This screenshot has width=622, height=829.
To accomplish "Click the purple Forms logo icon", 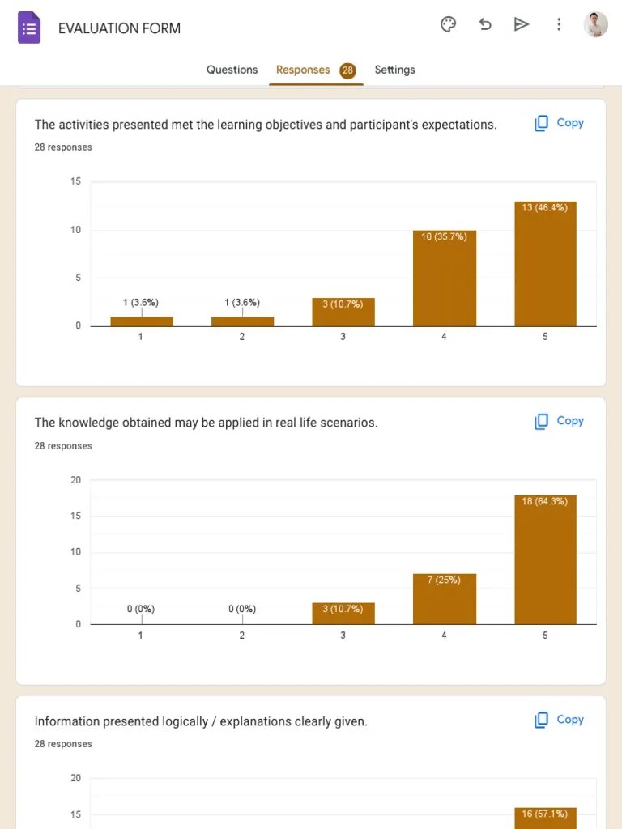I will click(29, 28).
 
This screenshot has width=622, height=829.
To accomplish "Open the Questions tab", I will click(232, 70).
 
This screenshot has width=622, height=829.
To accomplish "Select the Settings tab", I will click(394, 70).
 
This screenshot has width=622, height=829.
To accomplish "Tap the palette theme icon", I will click(448, 24).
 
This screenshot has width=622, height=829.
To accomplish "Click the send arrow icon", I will click(522, 24).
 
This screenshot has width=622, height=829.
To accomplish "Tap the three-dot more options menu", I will click(559, 24).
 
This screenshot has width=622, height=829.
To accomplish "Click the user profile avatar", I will click(595, 24).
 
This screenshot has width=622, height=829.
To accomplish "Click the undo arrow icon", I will click(485, 24).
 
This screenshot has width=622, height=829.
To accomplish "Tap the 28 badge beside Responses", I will click(347, 70).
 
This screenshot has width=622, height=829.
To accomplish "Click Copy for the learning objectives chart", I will click(559, 123).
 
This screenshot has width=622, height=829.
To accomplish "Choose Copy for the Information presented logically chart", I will click(559, 720).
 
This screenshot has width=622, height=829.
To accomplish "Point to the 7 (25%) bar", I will click(444, 598).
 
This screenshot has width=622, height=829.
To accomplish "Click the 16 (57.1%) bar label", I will click(545, 814).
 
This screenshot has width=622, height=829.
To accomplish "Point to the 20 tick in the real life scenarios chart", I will click(76, 480).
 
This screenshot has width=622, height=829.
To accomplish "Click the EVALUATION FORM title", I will click(119, 28).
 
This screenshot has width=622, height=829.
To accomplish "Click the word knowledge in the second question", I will click(88, 423).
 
